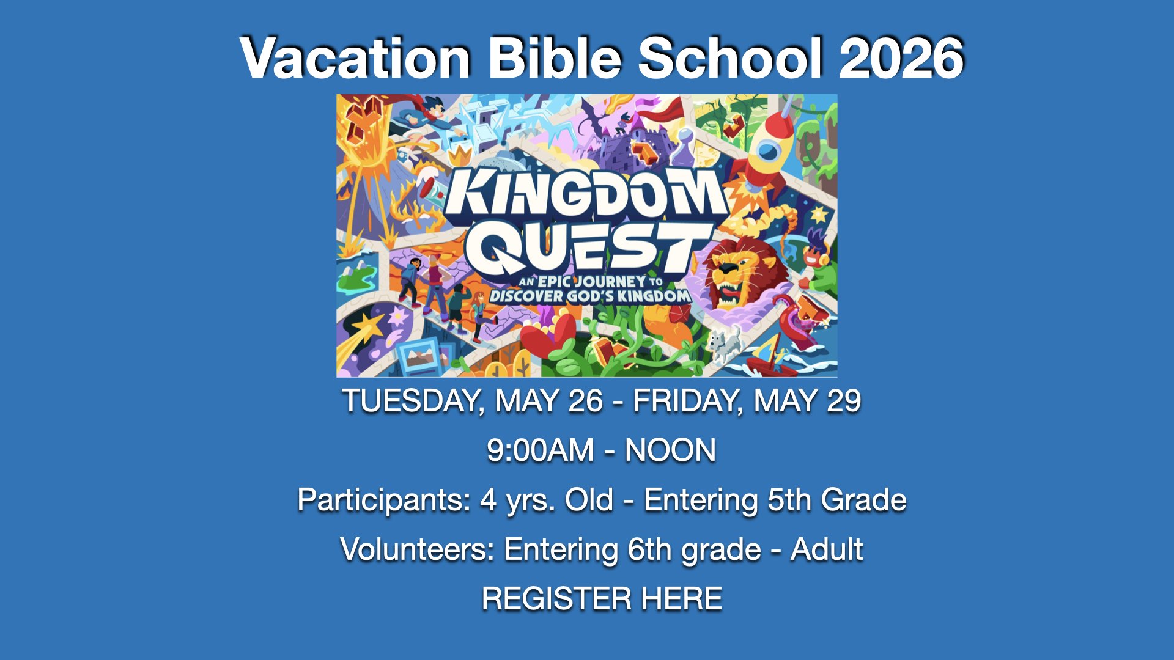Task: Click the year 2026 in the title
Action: tap(901, 58)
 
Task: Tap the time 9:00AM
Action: tap(541, 450)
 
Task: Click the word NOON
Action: tap(670, 450)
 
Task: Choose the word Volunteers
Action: tap(417, 549)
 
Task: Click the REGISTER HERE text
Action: tap(602, 598)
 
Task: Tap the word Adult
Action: tap(827, 549)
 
